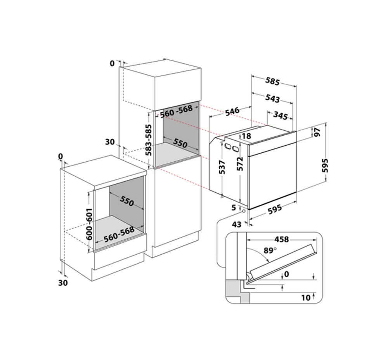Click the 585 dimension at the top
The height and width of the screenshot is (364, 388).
[x=272, y=81]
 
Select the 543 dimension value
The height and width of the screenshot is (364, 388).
[x=272, y=98]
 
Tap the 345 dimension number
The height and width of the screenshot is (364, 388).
[x=281, y=115]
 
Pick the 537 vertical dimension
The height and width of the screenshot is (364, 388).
[x=222, y=167]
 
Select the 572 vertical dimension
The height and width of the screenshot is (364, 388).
[x=240, y=164]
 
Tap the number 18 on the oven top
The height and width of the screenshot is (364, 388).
[x=246, y=136]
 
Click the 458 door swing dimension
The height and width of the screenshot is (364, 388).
[x=282, y=239]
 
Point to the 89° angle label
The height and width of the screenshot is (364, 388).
[x=270, y=250]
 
